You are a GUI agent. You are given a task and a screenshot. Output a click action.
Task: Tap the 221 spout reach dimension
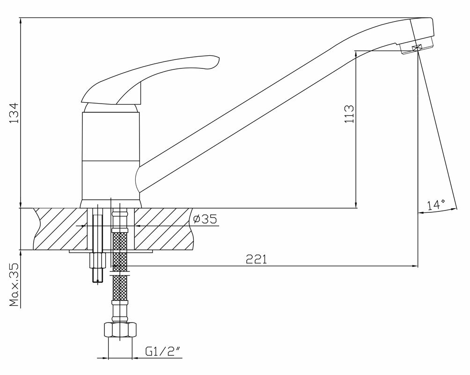257,259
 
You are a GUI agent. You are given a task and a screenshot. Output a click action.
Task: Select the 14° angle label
436,205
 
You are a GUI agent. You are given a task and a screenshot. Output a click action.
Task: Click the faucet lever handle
150,80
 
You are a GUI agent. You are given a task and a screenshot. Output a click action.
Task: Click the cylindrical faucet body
110,155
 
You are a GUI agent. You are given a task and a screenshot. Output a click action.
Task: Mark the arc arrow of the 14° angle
438,212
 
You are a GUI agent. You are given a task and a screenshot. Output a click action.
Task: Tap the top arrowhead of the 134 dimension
21,22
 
